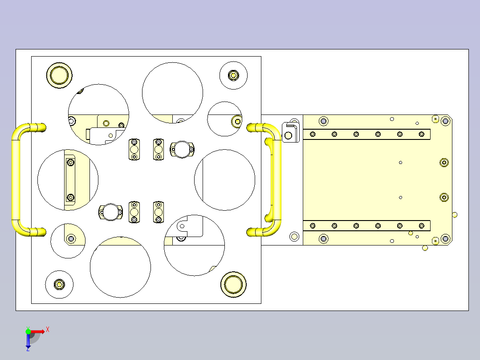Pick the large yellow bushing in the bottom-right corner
click(x=233, y=284)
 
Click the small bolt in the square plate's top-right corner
click(x=233, y=75)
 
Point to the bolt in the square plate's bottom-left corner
click(x=59, y=284)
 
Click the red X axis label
click(x=48, y=330)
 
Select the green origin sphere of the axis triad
click(x=28, y=331)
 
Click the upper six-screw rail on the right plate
click(x=366, y=134)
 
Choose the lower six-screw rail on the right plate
click(x=366, y=226)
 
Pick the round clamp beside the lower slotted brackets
click(x=110, y=212)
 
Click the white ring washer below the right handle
click(x=294, y=236)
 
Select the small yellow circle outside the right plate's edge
click(x=454, y=215)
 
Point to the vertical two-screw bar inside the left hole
click(x=70, y=180)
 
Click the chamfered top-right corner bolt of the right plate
click(x=445, y=120)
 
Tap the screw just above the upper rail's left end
click(x=324, y=121)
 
